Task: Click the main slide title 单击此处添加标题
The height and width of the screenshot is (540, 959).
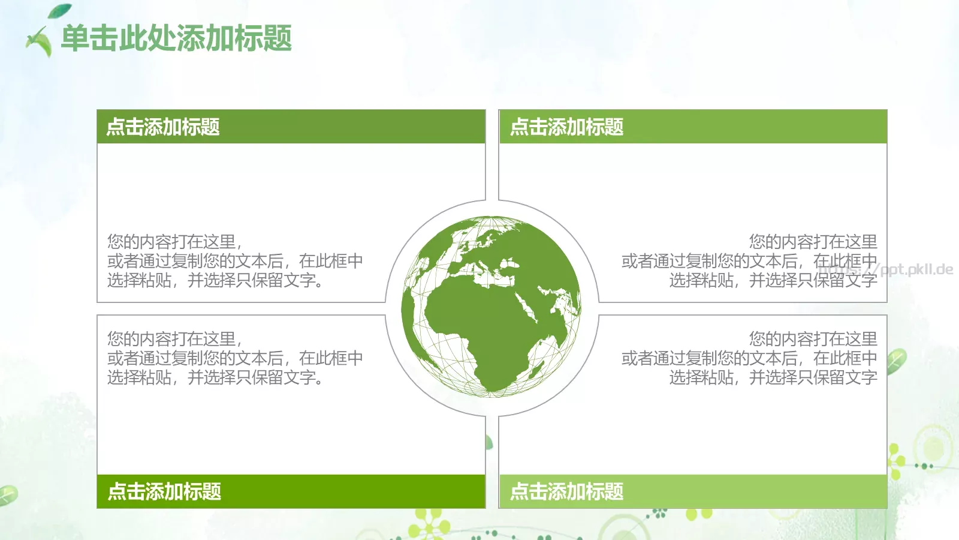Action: [x=176, y=38]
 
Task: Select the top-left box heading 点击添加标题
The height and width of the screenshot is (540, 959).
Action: [x=163, y=127]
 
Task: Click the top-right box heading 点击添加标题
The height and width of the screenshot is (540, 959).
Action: [x=566, y=127]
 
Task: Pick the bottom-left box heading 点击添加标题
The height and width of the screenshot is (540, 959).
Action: [x=164, y=491]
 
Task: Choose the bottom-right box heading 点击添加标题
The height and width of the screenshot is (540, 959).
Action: [x=566, y=491]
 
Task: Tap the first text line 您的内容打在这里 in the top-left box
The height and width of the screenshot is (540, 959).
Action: [x=174, y=242]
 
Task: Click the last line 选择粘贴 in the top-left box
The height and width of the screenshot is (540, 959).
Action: [x=216, y=280]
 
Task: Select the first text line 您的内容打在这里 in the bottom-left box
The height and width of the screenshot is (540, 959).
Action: [x=174, y=339]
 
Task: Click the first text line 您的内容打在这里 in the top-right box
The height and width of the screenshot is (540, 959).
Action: [x=813, y=242]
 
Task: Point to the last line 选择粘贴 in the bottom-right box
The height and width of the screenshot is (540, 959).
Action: [x=773, y=377]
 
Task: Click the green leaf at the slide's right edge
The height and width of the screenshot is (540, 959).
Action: [x=896, y=361]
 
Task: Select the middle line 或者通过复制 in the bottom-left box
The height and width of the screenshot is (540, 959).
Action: [x=235, y=358]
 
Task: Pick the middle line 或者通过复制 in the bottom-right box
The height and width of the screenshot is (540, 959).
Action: [x=749, y=358]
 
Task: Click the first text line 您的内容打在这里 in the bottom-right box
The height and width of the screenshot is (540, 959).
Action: [x=813, y=339]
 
